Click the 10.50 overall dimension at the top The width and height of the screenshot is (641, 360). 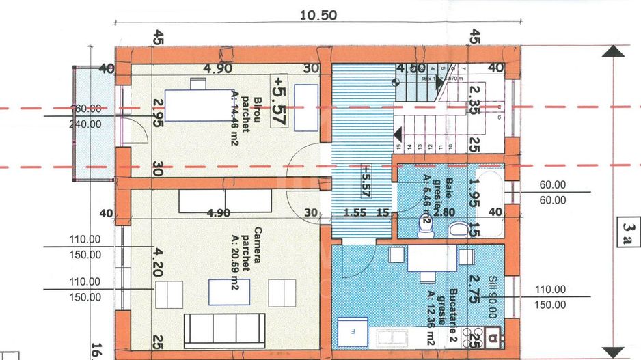point(318,16)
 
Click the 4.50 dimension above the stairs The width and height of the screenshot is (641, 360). point(411,68)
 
